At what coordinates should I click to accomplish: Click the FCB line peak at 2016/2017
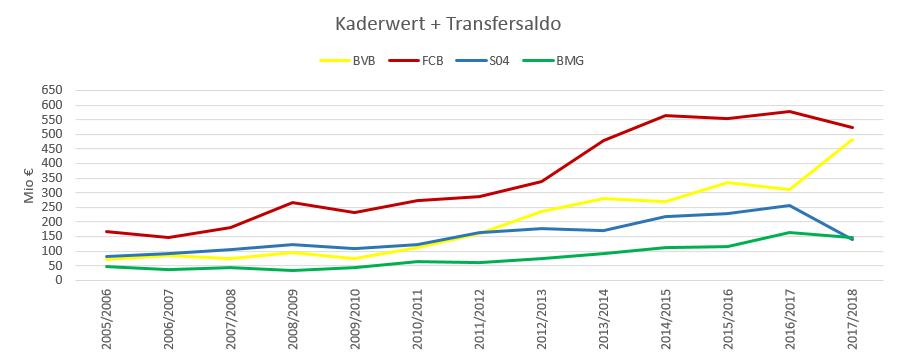pyautogui.click(x=790, y=111)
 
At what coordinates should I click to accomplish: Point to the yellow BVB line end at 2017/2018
pyautogui.click(x=852, y=139)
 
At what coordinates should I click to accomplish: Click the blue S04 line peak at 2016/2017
pyautogui.click(x=790, y=205)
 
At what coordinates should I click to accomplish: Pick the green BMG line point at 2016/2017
pyautogui.click(x=790, y=232)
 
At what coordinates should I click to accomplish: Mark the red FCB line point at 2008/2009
pyautogui.click(x=293, y=202)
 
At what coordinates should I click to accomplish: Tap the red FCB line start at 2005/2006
pyautogui.click(x=107, y=231)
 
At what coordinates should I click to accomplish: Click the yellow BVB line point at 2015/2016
pyautogui.click(x=728, y=182)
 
